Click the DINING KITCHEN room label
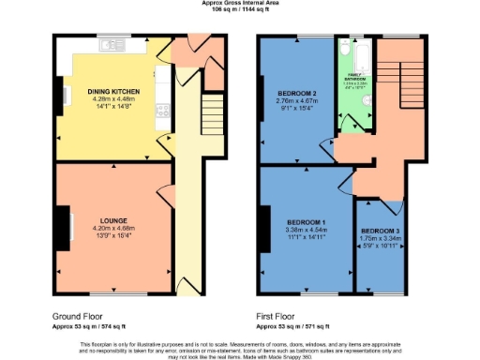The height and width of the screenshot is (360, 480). (114, 91)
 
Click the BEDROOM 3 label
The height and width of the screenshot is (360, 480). (381, 231)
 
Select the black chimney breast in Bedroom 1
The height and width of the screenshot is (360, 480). (262, 220)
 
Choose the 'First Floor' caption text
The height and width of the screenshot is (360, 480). (278, 316)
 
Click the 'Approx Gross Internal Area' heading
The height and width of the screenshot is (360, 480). (240, 3)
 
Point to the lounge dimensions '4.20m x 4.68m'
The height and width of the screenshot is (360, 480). (114, 228)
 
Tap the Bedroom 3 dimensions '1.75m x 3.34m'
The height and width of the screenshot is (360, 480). (381, 238)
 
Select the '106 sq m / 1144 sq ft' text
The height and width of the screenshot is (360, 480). (240, 9)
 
